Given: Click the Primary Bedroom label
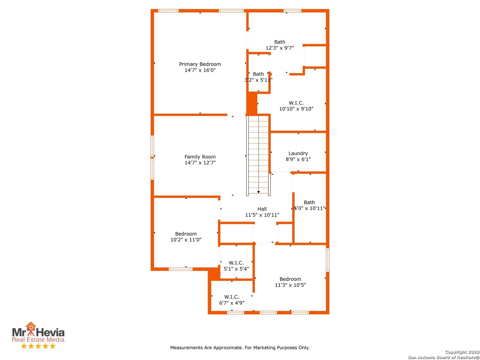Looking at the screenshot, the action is point(200,64).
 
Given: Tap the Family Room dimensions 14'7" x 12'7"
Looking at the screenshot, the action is point(200,163).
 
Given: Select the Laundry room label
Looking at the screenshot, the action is point(298,153).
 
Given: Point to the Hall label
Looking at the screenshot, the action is point(262,209).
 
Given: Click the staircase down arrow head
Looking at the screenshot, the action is point(258,192).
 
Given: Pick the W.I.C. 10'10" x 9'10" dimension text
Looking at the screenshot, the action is point(296,109).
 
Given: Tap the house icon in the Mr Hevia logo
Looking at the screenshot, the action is point(31,326).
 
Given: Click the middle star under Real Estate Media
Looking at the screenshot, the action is point(38,346).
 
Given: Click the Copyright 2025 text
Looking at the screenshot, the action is point(461,352).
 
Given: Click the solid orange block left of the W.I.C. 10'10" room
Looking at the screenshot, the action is point(252,103).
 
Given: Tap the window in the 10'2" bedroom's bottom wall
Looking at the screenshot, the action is point(180,269).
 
